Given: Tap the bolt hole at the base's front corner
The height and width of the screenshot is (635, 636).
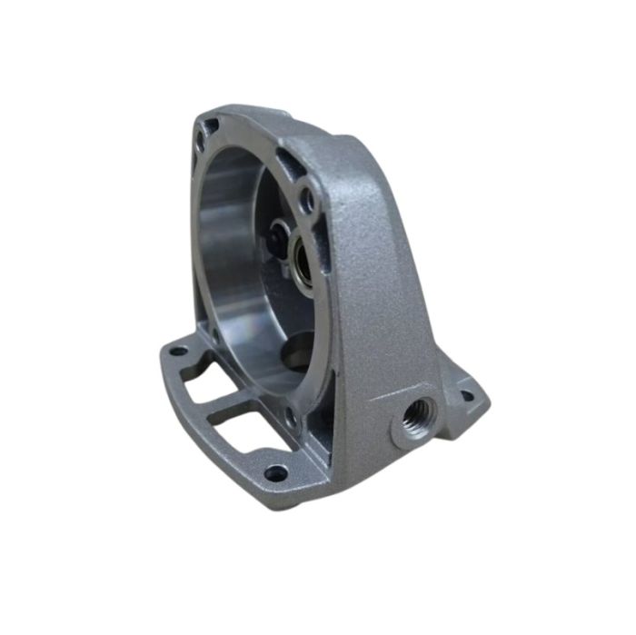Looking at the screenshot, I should point(275,472).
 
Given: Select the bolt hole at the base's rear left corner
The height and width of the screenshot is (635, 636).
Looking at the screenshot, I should point(178,350).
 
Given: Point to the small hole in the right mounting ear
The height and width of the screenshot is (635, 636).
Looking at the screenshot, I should point(467,395).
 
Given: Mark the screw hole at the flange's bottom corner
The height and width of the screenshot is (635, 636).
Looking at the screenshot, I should point(291,417).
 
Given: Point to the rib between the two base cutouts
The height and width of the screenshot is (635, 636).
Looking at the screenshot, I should point(223,406).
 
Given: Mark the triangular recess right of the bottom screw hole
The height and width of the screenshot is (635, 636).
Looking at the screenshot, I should point(313,422).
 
